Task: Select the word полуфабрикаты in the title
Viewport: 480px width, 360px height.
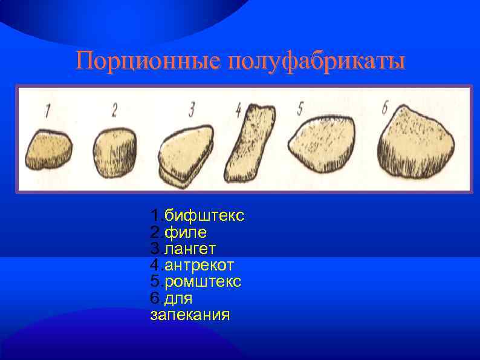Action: click(x=315, y=62)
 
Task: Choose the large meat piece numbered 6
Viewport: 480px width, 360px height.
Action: click(x=417, y=142)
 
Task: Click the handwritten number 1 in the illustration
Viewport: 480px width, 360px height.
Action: click(x=47, y=110)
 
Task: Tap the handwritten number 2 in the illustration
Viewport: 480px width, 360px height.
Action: click(x=114, y=109)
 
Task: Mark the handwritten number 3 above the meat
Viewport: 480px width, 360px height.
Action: click(x=191, y=109)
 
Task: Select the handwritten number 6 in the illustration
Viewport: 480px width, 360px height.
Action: click(x=385, y=107)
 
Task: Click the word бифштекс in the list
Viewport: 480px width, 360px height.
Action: click(x=204, y=216)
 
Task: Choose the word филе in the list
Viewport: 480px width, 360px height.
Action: click(x=186, y=232)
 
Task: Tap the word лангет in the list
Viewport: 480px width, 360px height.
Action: click(x=190, y=249)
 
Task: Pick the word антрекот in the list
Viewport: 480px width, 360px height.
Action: click(x=199, y=265)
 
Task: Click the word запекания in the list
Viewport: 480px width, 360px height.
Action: click(x=190, y=315)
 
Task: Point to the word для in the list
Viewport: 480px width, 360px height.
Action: click(x=178, y=298)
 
